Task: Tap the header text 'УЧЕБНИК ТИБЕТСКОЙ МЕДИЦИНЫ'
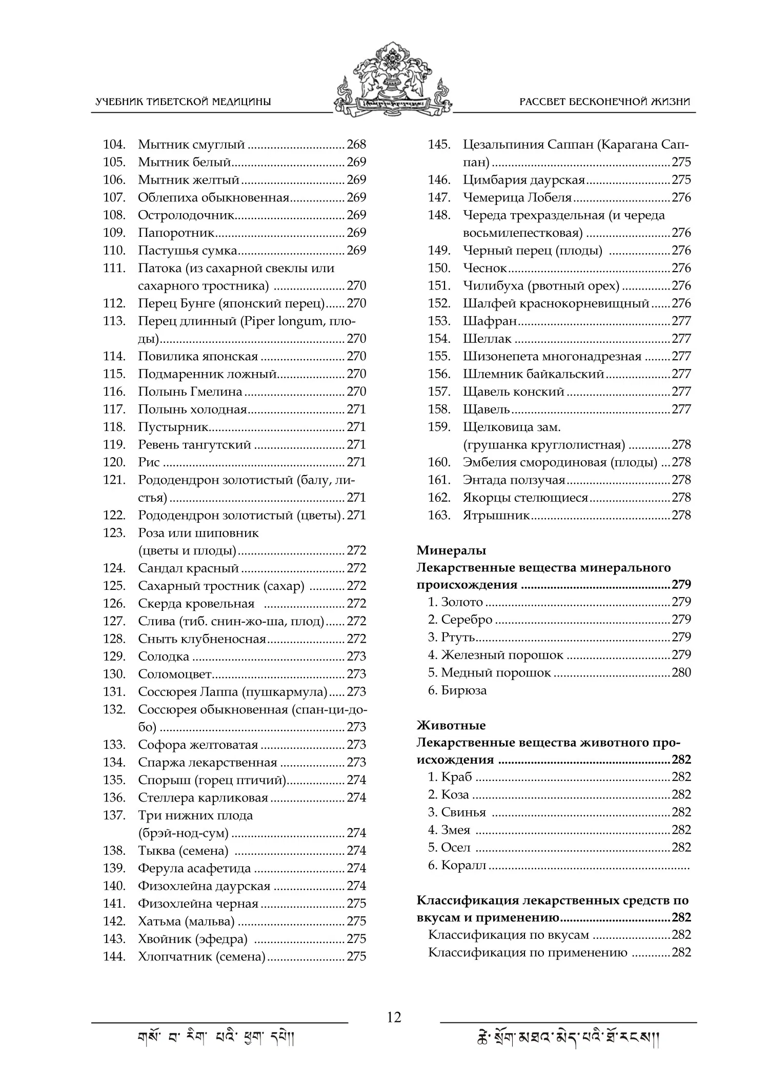pos(183,101)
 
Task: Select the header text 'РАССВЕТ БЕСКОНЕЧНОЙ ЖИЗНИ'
pos(604,101)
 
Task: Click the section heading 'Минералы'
pos(451,550)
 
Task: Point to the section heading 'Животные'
pos(451,726)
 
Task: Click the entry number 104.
pos(114,145)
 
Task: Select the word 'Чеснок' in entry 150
pos(484,269)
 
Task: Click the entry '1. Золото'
pos(456,602)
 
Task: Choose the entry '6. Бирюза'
pos(457,690)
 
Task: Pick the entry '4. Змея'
pos(449,830)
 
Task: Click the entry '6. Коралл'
pos(457,865)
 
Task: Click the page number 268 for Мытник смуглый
pos(356,145)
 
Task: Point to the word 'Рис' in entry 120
pos(149,462)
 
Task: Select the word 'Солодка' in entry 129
pos(164,657)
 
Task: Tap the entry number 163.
pos(439,516)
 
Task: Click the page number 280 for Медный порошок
pos(681,672)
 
